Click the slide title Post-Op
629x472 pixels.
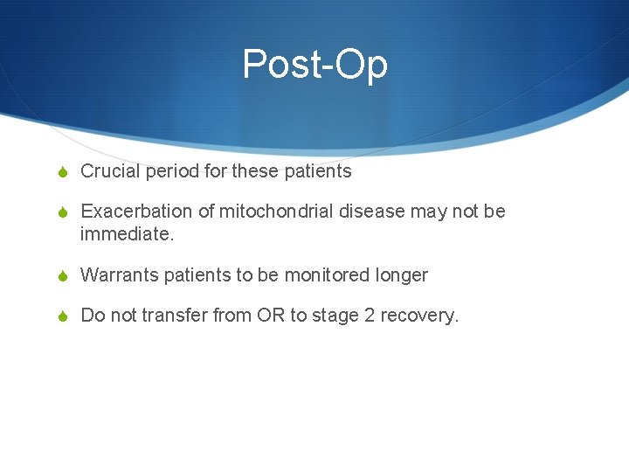click(x=314, y=65)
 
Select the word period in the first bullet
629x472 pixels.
click(x=172, y=171)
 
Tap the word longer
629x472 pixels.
click(x=402, y=275)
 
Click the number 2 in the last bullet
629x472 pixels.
click(x=370, y=316)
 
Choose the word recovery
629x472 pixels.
click(x=419, y=316)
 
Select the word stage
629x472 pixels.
click(x=335, y=316)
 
